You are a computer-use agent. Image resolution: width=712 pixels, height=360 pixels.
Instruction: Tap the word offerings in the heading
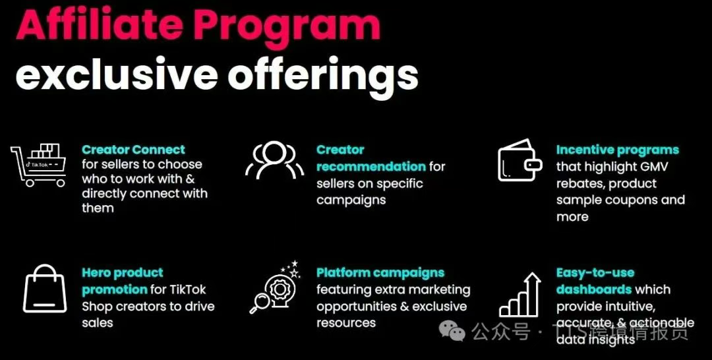322,75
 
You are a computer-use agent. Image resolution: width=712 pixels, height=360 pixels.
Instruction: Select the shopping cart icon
38,165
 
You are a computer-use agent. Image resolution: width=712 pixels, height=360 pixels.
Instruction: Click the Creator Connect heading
133,150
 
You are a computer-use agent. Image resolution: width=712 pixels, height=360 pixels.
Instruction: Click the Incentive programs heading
618,150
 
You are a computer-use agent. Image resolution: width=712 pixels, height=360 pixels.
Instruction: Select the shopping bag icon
45,289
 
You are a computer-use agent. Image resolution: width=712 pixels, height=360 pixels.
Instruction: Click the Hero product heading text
123,273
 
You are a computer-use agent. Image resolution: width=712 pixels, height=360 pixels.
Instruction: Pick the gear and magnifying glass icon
275,287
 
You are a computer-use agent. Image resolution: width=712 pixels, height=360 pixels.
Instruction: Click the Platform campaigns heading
380,273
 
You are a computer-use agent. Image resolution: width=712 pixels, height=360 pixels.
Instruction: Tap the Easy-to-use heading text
595,273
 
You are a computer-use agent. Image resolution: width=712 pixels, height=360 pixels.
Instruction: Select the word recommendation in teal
371,167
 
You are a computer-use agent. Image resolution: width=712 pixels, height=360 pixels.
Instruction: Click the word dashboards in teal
594,289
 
